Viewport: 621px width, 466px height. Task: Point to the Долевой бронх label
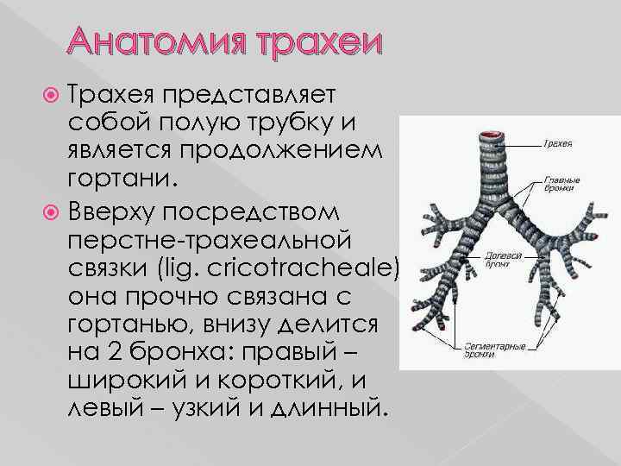(x=501, y=261)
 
